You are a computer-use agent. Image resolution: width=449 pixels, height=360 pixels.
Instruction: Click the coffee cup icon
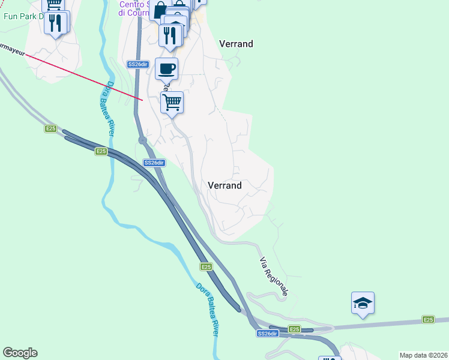[167, 68]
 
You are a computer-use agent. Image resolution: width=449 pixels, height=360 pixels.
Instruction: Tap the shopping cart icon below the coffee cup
[172, 103]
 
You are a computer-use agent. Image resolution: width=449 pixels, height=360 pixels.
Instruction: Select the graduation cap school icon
[363, 303]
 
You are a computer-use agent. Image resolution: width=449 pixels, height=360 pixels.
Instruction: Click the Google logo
[20, 353]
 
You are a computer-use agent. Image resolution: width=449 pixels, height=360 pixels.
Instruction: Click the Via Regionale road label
[274, 277]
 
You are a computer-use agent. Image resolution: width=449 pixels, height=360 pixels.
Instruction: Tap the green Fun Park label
[24, 16]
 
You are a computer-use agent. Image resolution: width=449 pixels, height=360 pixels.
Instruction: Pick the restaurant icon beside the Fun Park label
[56, 23]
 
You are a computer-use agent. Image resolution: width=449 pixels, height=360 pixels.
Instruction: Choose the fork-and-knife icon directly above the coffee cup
[170, 34]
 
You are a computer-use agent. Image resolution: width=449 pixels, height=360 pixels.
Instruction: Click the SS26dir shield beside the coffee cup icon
[137, 64]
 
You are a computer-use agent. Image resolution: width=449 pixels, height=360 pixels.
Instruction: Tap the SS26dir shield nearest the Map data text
[268, 333]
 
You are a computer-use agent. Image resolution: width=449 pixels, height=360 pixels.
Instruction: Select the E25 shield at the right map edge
[427, 320]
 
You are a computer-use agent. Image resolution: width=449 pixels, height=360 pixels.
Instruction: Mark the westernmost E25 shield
[50, 128]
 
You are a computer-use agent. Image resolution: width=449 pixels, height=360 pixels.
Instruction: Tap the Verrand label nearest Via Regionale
[224, 185]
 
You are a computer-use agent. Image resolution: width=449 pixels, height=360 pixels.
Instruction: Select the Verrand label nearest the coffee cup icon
[236, 44]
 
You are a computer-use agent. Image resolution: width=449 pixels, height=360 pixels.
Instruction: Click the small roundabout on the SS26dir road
[143, 140]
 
